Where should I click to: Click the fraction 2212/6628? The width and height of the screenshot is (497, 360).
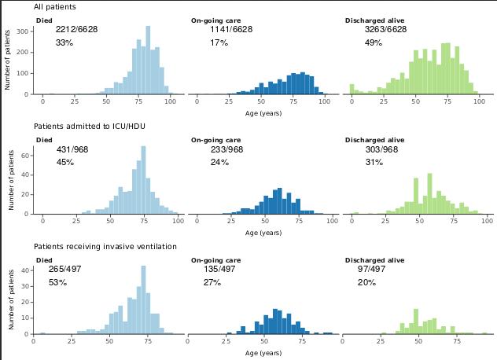[77, 30]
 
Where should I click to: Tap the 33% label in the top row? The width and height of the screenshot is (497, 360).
[64, 42]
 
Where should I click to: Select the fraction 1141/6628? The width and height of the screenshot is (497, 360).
[231, 30]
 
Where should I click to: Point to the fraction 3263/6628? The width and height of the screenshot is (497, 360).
[386, 30]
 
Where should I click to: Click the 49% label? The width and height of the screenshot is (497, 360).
[374, 42]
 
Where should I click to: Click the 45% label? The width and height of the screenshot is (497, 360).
[65, 162]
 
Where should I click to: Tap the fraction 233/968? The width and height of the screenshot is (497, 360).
[227, 149]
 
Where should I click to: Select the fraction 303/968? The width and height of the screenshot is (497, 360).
[382, 149]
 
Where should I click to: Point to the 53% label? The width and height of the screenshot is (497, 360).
[57, 281]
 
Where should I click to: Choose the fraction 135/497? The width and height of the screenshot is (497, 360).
[219, 269]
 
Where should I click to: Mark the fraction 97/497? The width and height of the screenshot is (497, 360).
[372, 269]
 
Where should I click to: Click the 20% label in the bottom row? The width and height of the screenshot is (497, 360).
[366, 281]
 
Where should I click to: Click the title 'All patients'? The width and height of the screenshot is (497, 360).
[55, 7]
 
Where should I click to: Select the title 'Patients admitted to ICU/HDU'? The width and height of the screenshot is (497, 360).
[90, 126]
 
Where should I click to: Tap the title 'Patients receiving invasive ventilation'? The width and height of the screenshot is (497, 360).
[105, 246]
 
